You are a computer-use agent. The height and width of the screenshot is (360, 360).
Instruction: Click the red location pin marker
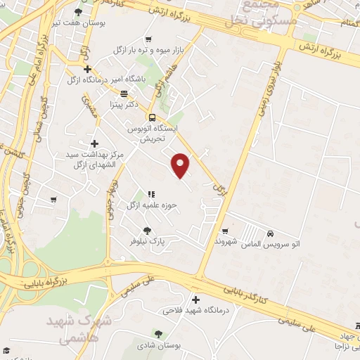pos(181,165)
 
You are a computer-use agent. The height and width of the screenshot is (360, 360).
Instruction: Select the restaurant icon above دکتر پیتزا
pos(124,93)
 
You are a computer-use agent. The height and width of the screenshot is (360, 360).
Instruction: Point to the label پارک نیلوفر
pos(147,240)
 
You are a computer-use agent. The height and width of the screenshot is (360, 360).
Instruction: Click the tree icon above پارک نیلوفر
pos(147,230)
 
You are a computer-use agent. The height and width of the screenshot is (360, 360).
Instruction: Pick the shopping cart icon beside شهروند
pos(225,231)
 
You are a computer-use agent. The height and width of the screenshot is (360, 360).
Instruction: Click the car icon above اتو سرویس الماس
pos(271,233)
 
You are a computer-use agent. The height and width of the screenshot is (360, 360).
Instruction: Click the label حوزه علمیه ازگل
pos(149,205)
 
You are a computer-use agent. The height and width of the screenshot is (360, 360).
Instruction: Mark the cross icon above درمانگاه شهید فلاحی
pos(195,299)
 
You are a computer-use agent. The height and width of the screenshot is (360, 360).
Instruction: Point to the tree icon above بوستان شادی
pos(158,335)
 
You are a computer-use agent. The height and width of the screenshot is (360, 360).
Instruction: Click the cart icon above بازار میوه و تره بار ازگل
pos(148,40)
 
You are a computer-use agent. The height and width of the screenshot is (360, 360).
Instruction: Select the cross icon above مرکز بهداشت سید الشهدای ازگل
pos(95,143)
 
